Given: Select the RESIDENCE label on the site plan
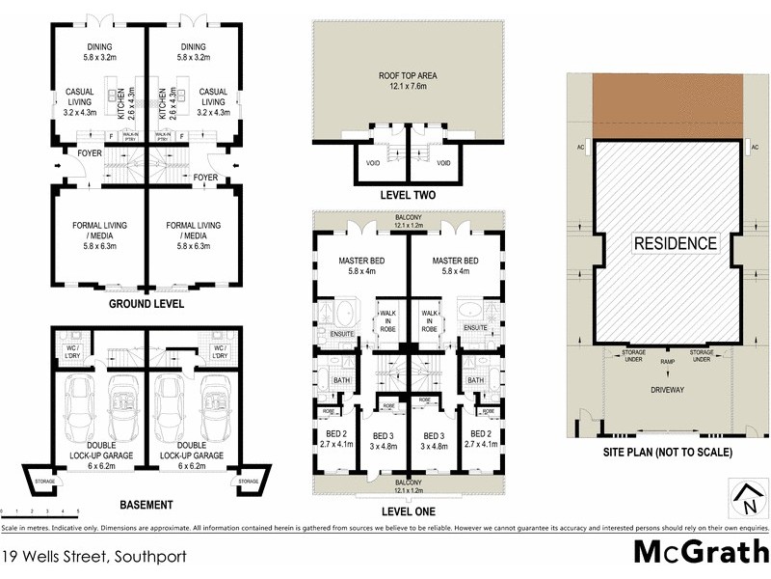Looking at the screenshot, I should (675, 243).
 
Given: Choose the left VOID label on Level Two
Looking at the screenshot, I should (373, 163).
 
